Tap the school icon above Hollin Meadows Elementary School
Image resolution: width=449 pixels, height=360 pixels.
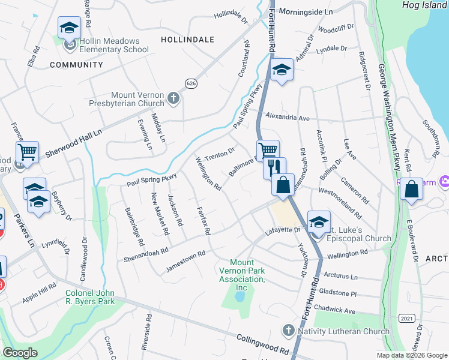(x=69, y=28)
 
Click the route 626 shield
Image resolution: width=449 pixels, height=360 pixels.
(x=191, y=83)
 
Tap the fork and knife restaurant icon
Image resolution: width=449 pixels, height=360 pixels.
(x=274, y=167)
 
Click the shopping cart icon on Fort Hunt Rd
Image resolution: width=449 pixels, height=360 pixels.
(x=268, y=151)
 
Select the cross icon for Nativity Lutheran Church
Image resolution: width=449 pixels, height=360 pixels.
(x=289, y=331)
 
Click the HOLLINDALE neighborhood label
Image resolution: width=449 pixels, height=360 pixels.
(x=187, y=39)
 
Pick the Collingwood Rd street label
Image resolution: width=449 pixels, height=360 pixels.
(x=263, y=343)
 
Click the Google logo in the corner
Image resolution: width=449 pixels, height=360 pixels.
(x=20, y=353)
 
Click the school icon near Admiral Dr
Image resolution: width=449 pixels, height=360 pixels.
(x=280, y=70)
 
